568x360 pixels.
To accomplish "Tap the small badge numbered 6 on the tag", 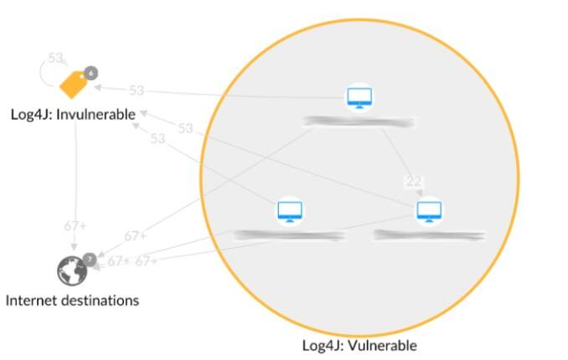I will pos(90,73).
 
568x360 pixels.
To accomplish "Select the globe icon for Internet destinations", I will pos(72,270).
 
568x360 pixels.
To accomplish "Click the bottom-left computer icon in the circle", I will pos(290,211).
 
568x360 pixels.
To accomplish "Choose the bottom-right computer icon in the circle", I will pos(428,210).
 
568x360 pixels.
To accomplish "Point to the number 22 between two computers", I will pos(413,182).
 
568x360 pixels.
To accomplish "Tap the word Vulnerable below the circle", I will pos(382,345).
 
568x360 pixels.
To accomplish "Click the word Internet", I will pos(31,300).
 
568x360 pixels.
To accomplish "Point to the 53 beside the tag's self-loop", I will pos(55,59).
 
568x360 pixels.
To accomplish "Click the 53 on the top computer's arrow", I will pos(136,90).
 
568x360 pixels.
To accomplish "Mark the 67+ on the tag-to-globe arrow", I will pos(75,226).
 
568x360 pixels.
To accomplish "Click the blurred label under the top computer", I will pos(359,123).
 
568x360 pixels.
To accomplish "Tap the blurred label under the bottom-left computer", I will pos(289,235).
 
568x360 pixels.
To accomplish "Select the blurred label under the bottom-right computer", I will pos(429,235).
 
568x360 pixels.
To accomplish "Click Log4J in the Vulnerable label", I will pos(319,345).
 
